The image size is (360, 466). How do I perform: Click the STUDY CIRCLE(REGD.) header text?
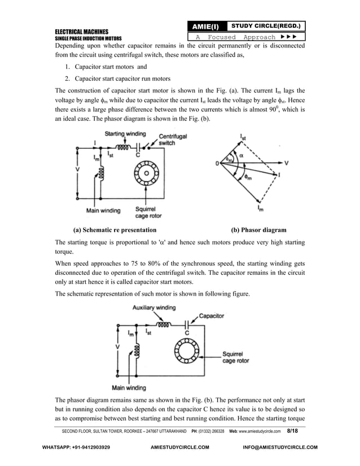click(262, 26)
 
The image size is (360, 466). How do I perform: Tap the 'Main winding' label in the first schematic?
click(103, 211)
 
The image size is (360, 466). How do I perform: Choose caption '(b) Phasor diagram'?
click(259, 230)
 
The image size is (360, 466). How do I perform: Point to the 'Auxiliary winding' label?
click(154, 307)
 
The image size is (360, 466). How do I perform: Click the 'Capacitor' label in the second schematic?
click(214, 316)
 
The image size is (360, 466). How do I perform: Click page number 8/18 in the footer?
click(293, 431)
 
